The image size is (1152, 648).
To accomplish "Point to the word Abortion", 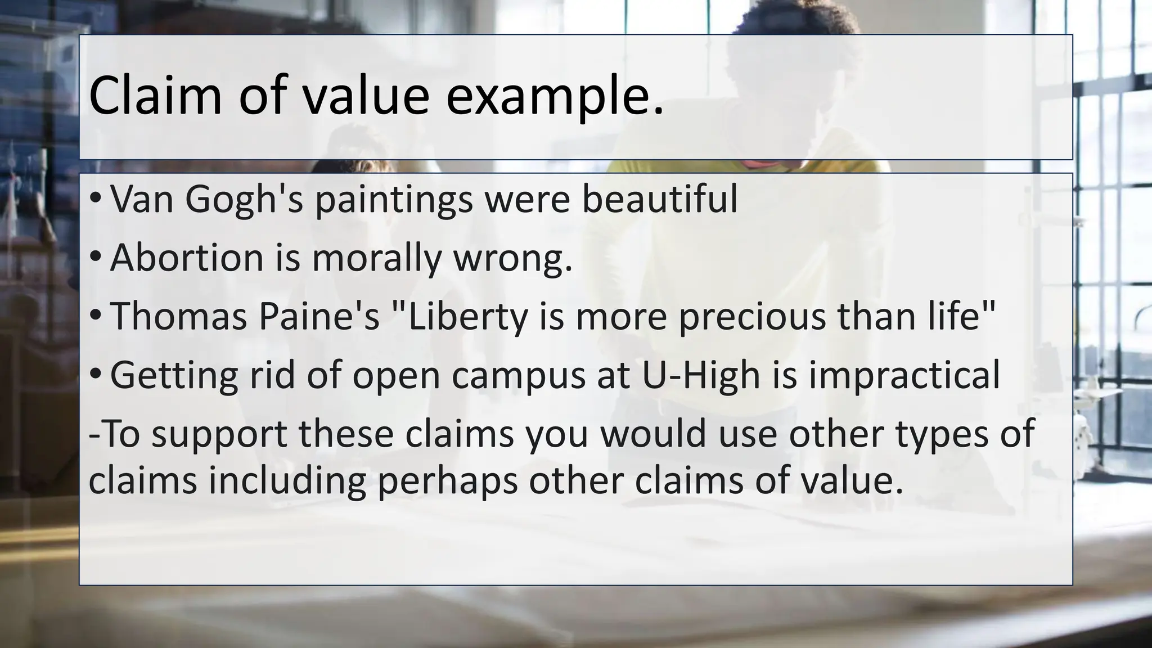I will [x=187, y=258].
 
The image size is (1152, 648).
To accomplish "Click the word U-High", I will [x=701, y=376].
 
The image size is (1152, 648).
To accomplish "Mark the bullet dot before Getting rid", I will [x=96, y=375].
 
